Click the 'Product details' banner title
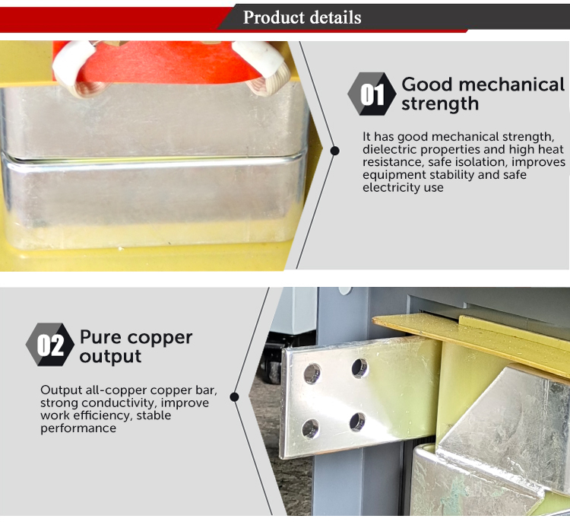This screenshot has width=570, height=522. (x=302, y=17)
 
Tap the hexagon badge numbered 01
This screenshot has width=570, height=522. (x=372, y=94)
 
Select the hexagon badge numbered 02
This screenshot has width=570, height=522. (x=50, y=345)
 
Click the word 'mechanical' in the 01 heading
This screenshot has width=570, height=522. (x=511, y=84)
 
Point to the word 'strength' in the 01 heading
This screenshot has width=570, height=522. (x=440, y=103)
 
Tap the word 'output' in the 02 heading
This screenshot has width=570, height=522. (x=110, y=356)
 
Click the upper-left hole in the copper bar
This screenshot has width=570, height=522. (x=312, y=374)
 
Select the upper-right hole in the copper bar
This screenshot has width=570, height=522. (x=359, y=368)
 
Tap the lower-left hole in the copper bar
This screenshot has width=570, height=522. (x=311, y=428)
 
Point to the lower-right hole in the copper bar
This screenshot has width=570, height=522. (x=357, y=422)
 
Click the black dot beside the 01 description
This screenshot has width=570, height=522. (x=335, y=151)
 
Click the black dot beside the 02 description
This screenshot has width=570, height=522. (x=235, y=396)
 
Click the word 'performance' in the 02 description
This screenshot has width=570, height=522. (x=78, y=428)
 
